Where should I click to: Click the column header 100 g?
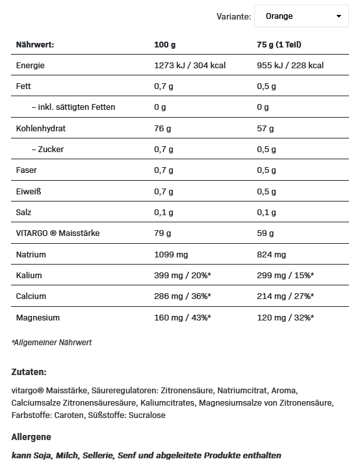(165, 45)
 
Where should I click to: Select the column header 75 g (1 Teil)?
(279, 45)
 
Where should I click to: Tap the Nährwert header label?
(34, 45)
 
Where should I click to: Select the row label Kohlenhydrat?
(41, 129)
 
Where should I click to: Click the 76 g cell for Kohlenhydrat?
(162, 129)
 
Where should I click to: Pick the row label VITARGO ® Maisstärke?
(57, 233)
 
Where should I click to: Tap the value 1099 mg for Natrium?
(170, 255)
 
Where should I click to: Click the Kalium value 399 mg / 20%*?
(183, 276)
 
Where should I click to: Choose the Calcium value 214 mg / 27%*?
(286, 296)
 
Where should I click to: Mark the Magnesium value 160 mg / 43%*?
(183, 318)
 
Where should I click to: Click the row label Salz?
(23, 213)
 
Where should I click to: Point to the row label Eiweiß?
(29, 192)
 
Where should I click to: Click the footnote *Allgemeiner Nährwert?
(52, 343)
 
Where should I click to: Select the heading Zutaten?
(29, 372)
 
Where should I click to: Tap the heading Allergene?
(31, 437)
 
